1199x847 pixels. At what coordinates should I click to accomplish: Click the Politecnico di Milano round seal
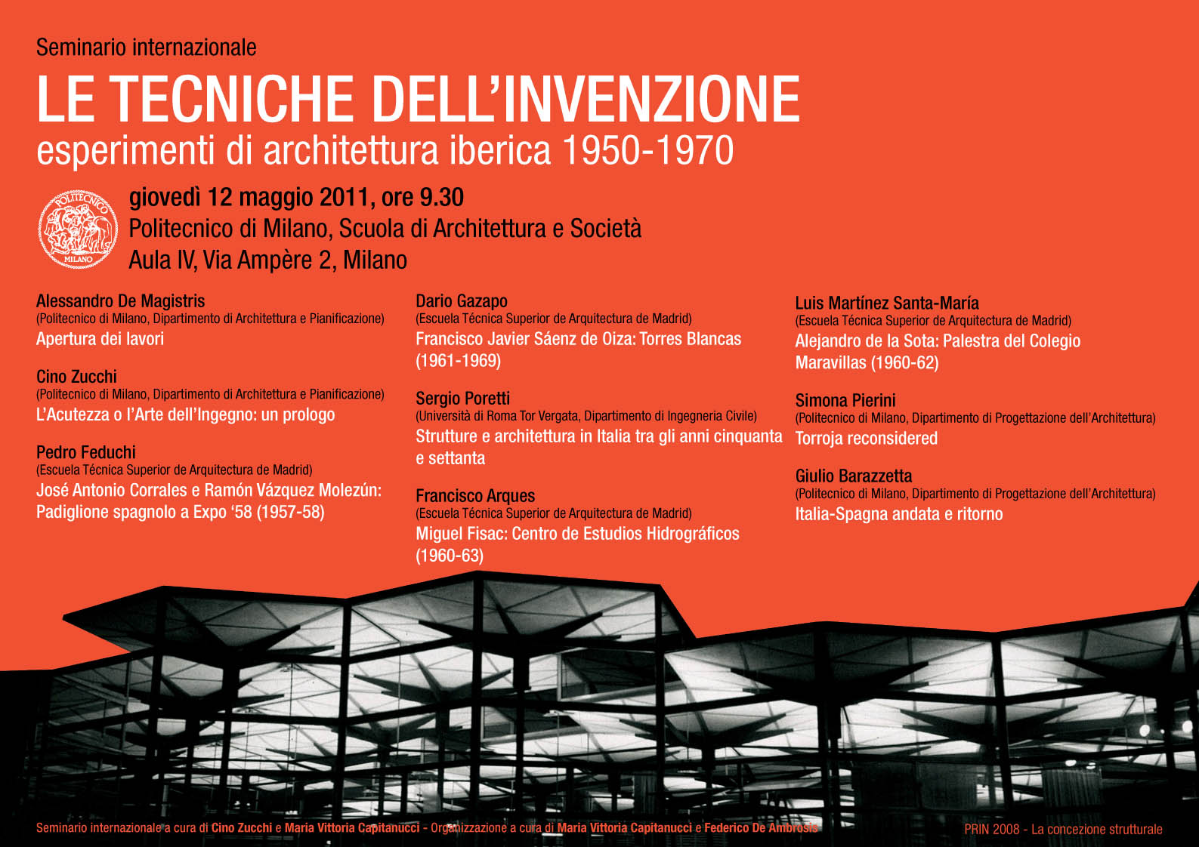point(78,228)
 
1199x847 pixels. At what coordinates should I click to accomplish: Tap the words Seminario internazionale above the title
point(147,48)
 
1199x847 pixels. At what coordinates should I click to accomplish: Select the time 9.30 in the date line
point(441,198)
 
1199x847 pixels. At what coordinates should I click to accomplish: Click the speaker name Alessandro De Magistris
point(121,301)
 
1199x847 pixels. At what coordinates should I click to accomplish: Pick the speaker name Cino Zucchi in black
point(77,377)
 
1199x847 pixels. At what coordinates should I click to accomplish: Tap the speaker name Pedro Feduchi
point(86,452)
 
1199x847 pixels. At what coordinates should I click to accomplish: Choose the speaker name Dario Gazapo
point(462,301)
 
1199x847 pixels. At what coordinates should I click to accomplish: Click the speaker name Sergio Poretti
point(462,399)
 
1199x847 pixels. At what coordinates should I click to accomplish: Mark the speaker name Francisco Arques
point(475,496)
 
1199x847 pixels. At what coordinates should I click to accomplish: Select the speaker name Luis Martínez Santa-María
point(887,303)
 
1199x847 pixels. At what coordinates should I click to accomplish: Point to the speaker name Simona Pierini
point(845,401)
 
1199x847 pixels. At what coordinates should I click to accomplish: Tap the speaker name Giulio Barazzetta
point(854,476)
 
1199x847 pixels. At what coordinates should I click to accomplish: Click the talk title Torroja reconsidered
point(866,439)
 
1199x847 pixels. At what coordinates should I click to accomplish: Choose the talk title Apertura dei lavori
point(100,339)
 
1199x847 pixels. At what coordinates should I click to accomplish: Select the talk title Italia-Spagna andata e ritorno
point(899,514)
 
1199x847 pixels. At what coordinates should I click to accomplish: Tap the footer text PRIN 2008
point(991,829)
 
